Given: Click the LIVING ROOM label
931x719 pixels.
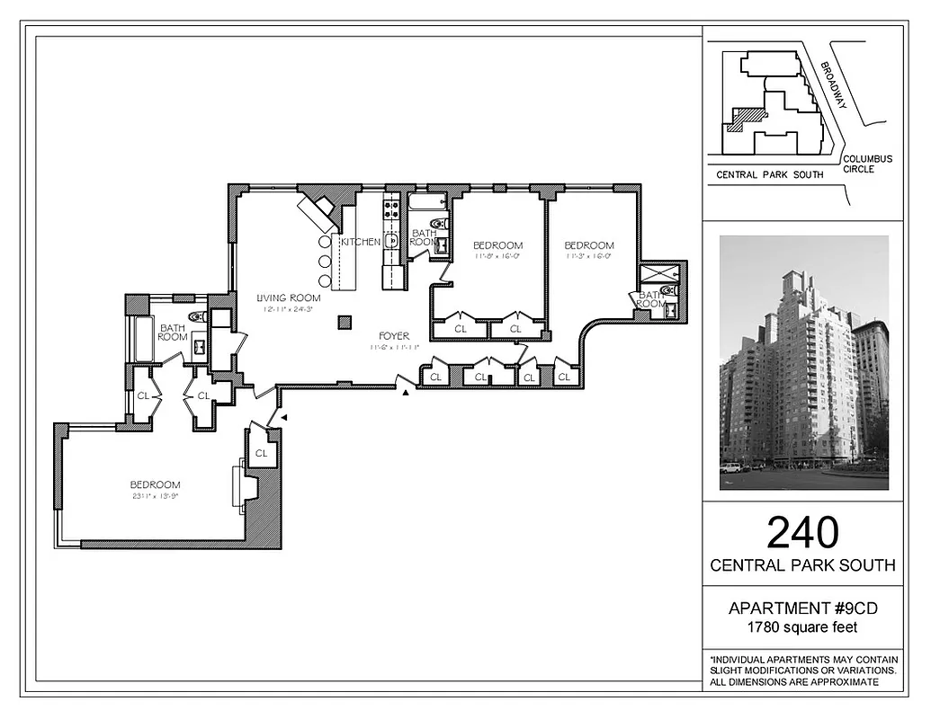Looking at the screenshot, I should coord(288,298).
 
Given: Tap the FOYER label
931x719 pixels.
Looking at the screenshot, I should coord(394,336).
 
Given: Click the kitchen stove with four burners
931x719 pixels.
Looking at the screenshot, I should coord(392,210).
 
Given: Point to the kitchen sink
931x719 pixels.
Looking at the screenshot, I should coord(392,241).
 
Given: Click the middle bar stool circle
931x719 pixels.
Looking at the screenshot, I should coord(325,262).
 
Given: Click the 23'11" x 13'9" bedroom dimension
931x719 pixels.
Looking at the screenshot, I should coord(155,496).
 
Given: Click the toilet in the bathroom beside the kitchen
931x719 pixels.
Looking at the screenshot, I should coord(438,224).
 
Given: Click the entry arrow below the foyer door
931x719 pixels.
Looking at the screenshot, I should coord(407,392).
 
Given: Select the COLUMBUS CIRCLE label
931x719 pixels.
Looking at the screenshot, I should coord(867,164).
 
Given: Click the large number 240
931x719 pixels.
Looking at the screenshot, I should coord(802,532).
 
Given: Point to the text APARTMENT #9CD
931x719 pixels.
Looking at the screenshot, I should coord(802,608).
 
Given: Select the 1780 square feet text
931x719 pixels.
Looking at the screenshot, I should coord(802,626).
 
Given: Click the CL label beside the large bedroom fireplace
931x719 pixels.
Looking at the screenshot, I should coord(262,454).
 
